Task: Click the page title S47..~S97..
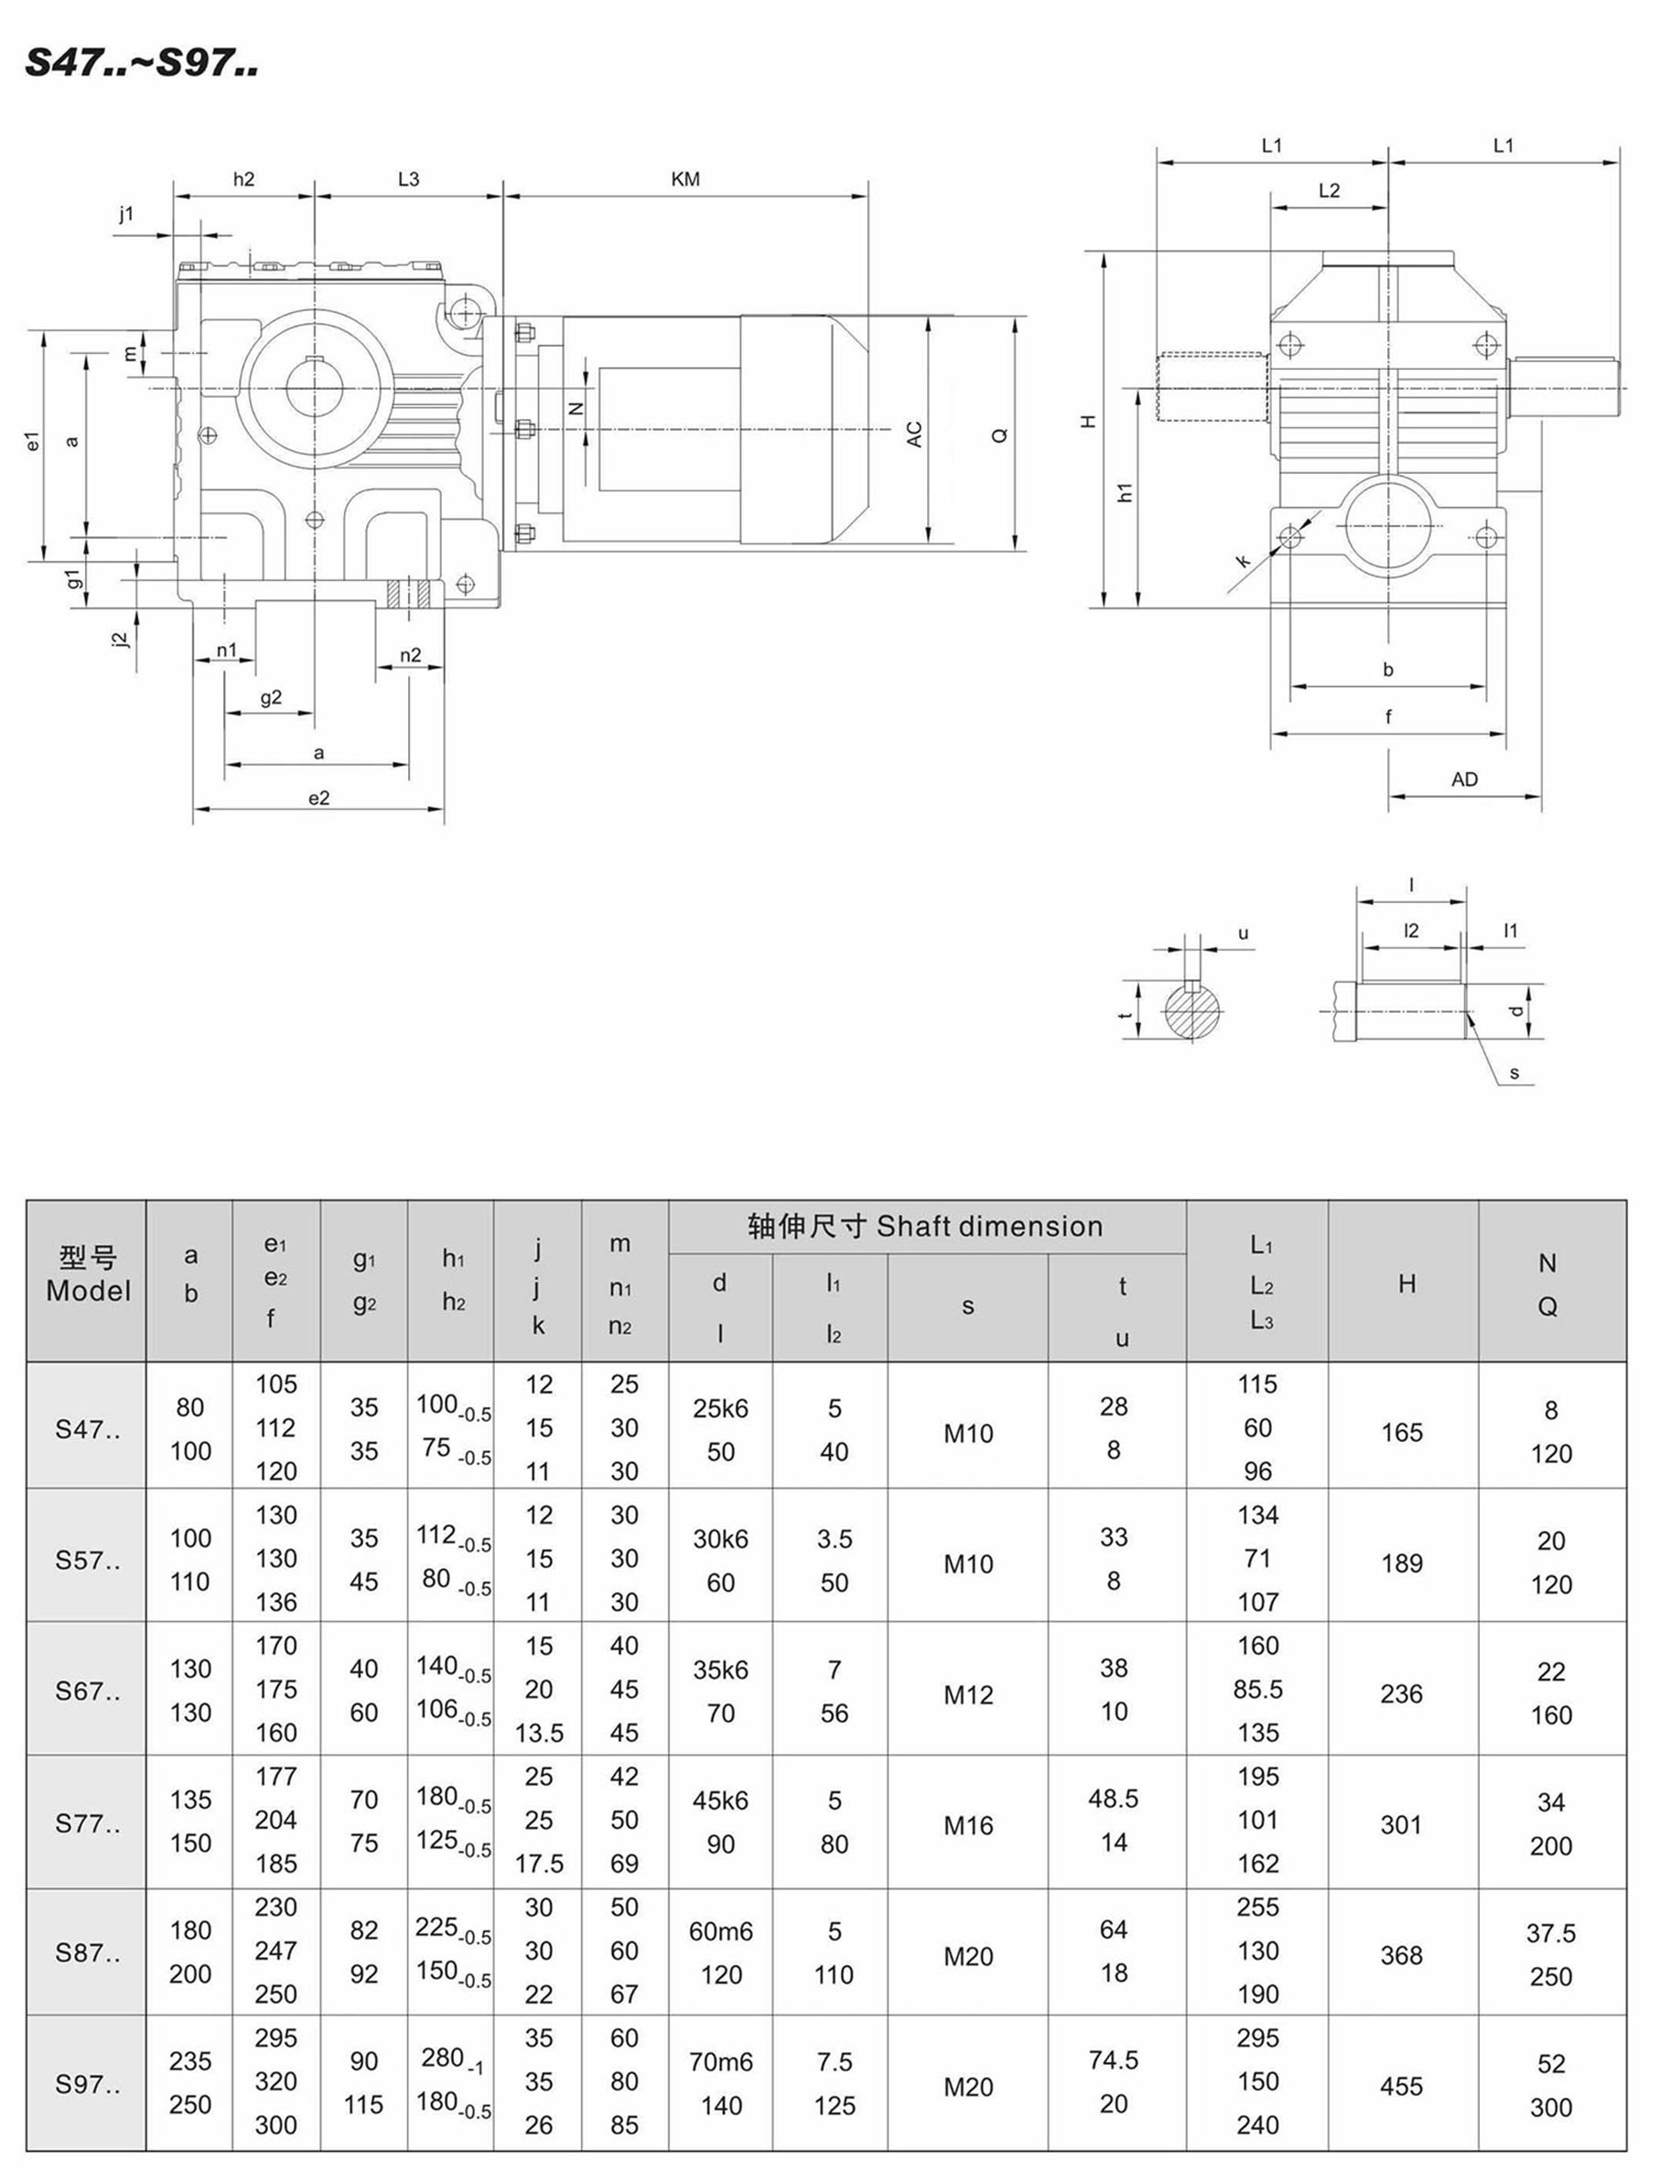tap(141, 63)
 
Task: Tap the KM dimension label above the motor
tap(684, 178)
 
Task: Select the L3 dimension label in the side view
tap(408, 178)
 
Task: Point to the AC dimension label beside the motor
tap(914, 434)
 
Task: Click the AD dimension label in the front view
tap(1463, 780)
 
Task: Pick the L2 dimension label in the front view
tap(1329, 190)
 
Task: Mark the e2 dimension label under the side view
tap(318, 798)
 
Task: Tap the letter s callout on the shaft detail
tap(1514, 1074)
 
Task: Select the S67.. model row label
tap(87, 1691)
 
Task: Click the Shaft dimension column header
tap(925, 1227)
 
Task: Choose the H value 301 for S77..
tap(1401, 1824)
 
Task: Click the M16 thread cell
tap(967, 1825)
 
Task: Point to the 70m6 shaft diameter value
tap(720, 2061)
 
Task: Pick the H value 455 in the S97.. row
tap(1401, 2086)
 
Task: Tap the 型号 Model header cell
tap(87, 1274)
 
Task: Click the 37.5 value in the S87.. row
tap(1550, 1933)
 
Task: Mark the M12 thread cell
tap(967, 1695)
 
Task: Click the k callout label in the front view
tap(1243, 561)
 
